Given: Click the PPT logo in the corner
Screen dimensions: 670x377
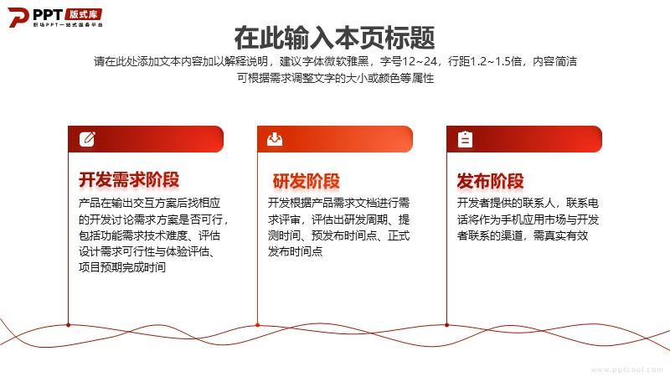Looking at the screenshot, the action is pos(55,17).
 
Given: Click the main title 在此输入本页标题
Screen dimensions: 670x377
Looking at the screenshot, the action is pos(334,38).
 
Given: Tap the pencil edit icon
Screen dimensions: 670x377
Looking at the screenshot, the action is pos(87,139).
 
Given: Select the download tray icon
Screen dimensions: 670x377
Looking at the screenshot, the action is pos(275,139).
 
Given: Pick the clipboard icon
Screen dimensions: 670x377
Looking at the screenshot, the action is pos(465,139).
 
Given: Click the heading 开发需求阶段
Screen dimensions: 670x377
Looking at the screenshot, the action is pos(129,180).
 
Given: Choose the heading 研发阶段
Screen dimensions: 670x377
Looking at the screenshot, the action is pos(307,181).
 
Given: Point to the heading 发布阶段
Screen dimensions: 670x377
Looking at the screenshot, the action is pos(490,181).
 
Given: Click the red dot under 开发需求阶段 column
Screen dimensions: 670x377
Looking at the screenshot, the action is pos(69,325).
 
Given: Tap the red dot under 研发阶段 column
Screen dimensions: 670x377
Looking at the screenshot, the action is pos(258,325).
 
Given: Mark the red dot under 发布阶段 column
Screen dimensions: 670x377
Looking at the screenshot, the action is pos(447,325).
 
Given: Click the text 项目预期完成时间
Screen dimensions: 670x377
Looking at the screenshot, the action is pos(122,267).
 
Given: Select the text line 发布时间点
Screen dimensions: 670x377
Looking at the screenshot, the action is pos(296,251).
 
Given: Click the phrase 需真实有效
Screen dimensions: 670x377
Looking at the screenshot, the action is pos(560,235).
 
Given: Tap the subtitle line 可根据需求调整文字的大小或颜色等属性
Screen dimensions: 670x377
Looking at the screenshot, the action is pos(336,78).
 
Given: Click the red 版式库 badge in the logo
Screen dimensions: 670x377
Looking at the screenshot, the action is pos(84,14).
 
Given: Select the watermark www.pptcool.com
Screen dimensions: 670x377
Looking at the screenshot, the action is pos(626,369).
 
